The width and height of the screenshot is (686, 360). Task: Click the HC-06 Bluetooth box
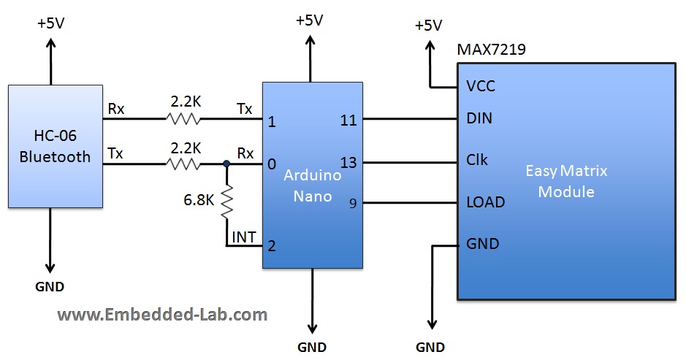point(55,145)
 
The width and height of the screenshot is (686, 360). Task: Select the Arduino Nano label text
point(313,186)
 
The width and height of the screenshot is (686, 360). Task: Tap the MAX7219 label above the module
point(491,50)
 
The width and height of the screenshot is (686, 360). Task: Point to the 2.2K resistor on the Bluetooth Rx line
point(184,118)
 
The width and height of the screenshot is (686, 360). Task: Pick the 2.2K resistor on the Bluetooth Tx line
point(184,165)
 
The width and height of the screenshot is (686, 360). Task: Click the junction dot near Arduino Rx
point(226,165)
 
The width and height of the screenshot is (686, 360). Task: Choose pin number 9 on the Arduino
point(352,204)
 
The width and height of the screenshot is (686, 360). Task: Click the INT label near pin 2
point(243,236)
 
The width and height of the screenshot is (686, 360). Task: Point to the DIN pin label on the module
point(479,118)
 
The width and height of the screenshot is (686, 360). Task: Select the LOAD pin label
point(485,202)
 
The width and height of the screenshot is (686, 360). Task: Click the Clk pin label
point(477,160)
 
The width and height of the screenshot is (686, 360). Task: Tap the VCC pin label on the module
point(480,86)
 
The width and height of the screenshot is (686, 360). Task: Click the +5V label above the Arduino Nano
point(309,20)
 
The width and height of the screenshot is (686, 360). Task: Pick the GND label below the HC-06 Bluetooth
point(50,287)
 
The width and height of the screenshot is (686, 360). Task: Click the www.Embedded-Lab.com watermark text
point(162,315)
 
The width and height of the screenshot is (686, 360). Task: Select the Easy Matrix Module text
point(566,181)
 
